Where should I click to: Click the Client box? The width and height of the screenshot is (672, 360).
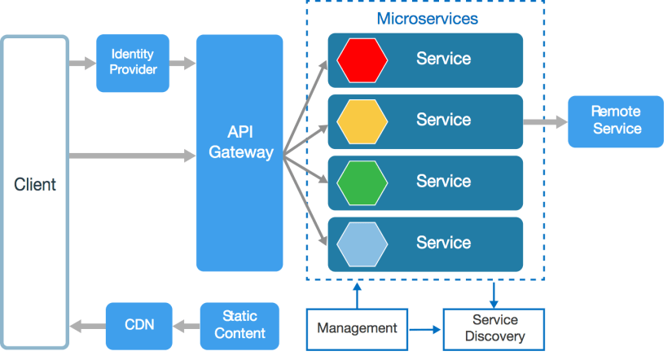[35, 192]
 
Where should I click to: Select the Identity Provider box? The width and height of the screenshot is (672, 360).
[133, 63]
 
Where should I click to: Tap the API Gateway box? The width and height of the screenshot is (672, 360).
[239, 152]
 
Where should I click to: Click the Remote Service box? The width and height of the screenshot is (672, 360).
[616, 121]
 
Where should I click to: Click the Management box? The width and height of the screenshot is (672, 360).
[357, 329]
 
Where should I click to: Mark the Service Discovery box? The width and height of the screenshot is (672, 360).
[494, 329]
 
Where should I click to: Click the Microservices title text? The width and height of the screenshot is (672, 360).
[427, 18]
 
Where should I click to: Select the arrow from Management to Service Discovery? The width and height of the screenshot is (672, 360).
[424, 329]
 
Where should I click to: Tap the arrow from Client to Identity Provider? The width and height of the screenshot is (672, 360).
[82, 63]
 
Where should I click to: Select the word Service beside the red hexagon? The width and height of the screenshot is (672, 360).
[443, 59]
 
